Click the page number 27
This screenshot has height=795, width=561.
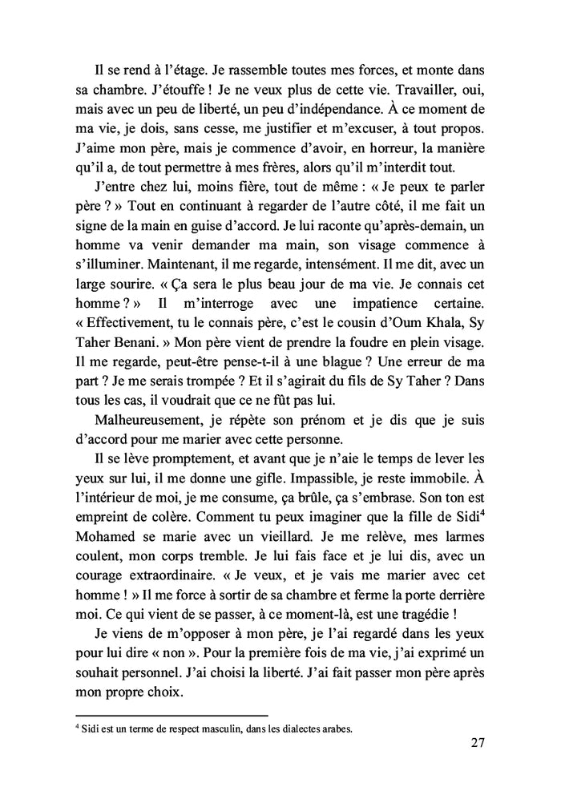click(x=477, y=743)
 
